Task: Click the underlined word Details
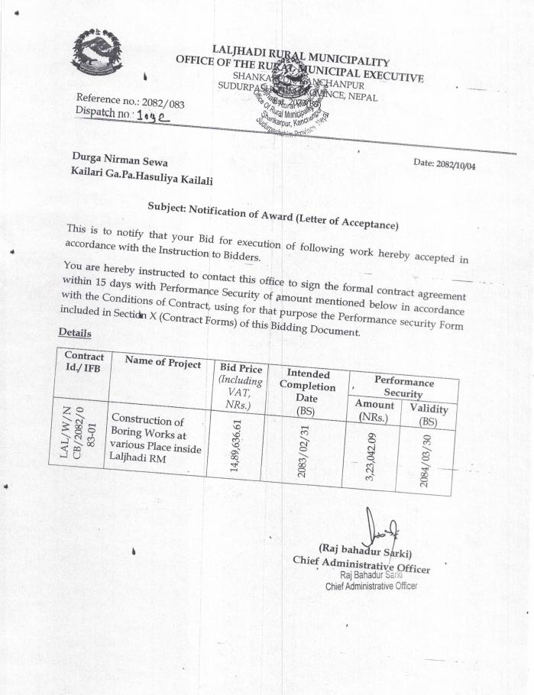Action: click(x=75, y=334)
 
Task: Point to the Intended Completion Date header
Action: click(x=304, y=393)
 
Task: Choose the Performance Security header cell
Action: click(x=403, y=386)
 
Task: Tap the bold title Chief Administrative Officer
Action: click(x=361, y=565)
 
